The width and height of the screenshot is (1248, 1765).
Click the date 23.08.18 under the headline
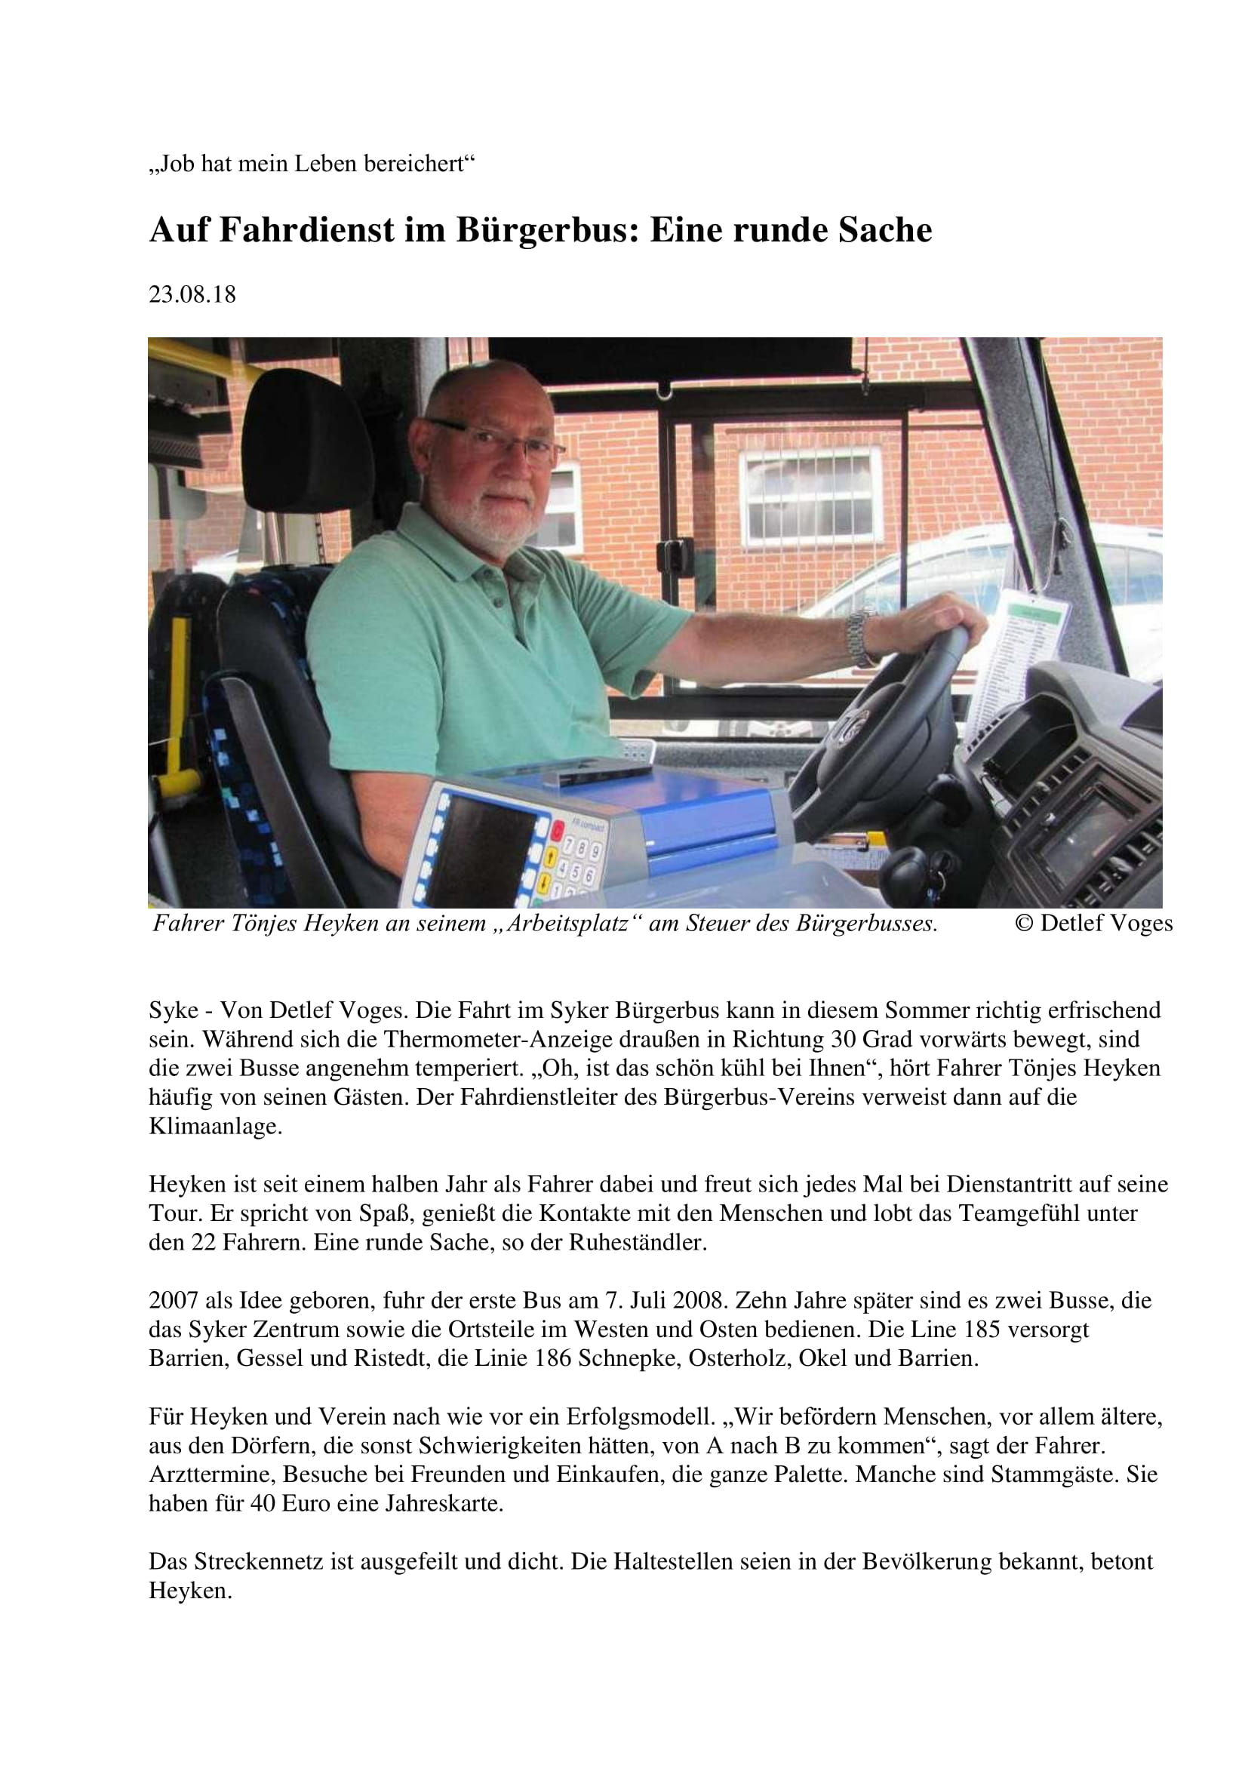coord(192,294)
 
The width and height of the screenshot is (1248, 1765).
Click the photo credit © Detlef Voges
coord(1093,923)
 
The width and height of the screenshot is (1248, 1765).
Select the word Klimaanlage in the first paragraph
coord(215,1126)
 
